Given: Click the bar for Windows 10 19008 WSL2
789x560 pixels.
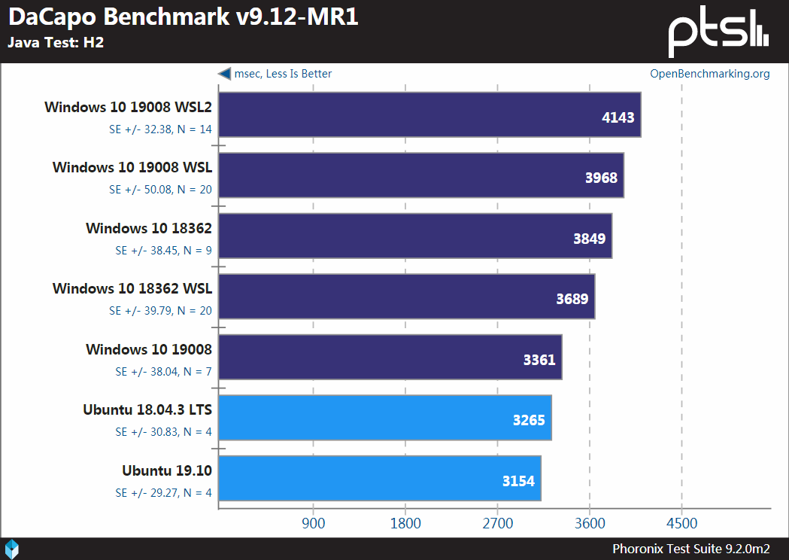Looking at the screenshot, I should pos(429,115).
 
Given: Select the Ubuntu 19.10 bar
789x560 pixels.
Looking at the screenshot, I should pos(379,478).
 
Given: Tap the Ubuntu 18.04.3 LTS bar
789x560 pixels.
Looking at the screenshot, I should pos(384,418).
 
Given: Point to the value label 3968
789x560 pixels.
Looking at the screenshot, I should pos(601,178).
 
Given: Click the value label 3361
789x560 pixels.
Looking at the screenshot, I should pos(539,359).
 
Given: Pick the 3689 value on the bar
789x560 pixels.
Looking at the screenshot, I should pos(572,299).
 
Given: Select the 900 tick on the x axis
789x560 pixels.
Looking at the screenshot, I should pos(313,523).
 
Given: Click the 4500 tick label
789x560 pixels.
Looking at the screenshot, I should pos(681,523).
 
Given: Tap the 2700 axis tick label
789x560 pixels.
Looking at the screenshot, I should pos(497,523).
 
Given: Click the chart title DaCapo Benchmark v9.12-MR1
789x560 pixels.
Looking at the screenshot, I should pos(183,17).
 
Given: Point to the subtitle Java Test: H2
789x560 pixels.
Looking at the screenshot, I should pos(56,42).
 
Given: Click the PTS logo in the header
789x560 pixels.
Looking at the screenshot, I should pos(718,31).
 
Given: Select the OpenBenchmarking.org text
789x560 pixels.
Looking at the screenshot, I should pos(710,73).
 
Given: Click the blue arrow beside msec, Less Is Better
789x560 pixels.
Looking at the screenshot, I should pos(224,73).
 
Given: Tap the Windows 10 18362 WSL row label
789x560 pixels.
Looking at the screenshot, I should pos(132,288).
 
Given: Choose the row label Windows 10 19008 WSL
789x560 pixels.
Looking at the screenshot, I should pos(132,167).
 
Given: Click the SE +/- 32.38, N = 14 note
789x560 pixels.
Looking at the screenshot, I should pos(160,129).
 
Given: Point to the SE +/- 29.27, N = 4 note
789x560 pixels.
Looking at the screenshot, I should pos(163,493).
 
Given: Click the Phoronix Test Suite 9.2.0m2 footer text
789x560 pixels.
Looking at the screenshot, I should pos(690,549).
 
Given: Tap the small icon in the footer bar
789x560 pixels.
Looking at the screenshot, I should pos(12,549).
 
